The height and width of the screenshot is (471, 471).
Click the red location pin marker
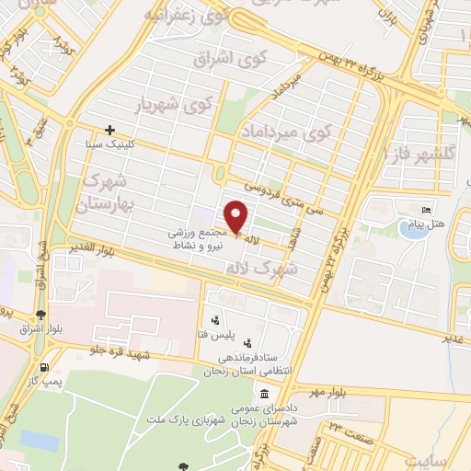(236, 216)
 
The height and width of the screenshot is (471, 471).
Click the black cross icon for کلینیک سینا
(110, 130)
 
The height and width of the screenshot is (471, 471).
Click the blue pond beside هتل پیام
(409, 226)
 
